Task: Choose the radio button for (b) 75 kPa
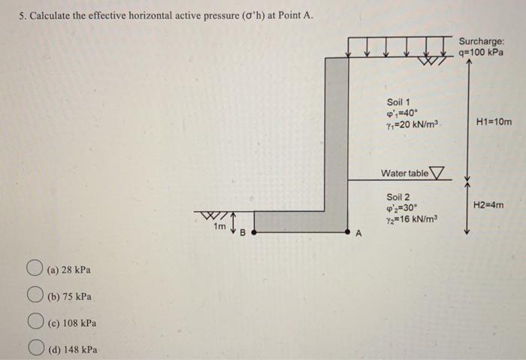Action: pyautogui.click(x=35, y=296)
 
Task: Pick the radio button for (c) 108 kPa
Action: pyautogui.click(x=35, y=323)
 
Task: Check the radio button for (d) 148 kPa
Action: pyautogui.click(x=35, y=349)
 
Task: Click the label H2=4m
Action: pyautogui.click(x=488, y=204)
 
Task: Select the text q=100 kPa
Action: pyautogui.click(x=482, y=53)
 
